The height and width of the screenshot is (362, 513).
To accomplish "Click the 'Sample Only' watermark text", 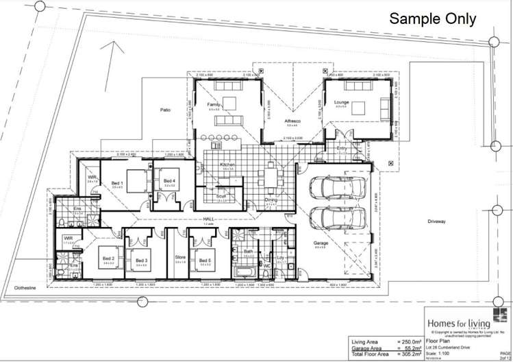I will (x=433, y=19).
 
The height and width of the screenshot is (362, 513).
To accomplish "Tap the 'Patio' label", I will (x=165, y=109).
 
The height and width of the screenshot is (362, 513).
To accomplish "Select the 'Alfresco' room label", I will (x=294, y=121).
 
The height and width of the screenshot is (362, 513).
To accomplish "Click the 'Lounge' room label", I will (x=341, y=103).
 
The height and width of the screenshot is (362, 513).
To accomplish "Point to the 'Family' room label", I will (x=214, y=104).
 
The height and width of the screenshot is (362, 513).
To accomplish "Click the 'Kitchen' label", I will (x=227, y=165).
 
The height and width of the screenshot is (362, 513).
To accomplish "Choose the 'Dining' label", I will (x=272, y=200).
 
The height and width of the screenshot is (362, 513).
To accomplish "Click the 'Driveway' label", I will (x=437, y=221).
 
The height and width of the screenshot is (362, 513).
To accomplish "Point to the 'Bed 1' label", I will (x=117, y=183).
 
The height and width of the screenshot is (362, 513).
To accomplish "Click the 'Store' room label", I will (x=180, y=258).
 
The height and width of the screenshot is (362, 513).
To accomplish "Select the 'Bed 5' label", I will (x=204, y=258).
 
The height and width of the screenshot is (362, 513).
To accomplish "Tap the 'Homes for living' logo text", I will (x=455, y=321).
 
